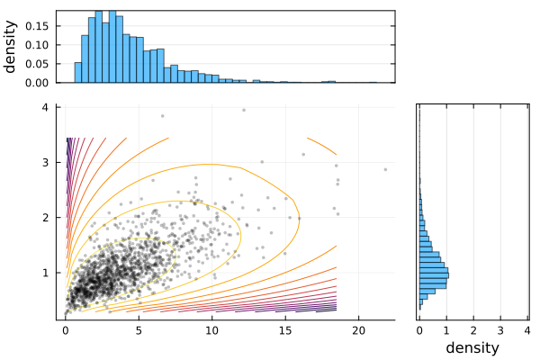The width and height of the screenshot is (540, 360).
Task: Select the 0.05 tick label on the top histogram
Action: coord(37,64)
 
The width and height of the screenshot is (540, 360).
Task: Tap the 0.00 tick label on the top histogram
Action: coord(37,83)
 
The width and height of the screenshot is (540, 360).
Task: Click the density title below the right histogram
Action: coord(473,347)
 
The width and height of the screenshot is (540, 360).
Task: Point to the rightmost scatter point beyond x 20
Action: coord(385,169)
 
